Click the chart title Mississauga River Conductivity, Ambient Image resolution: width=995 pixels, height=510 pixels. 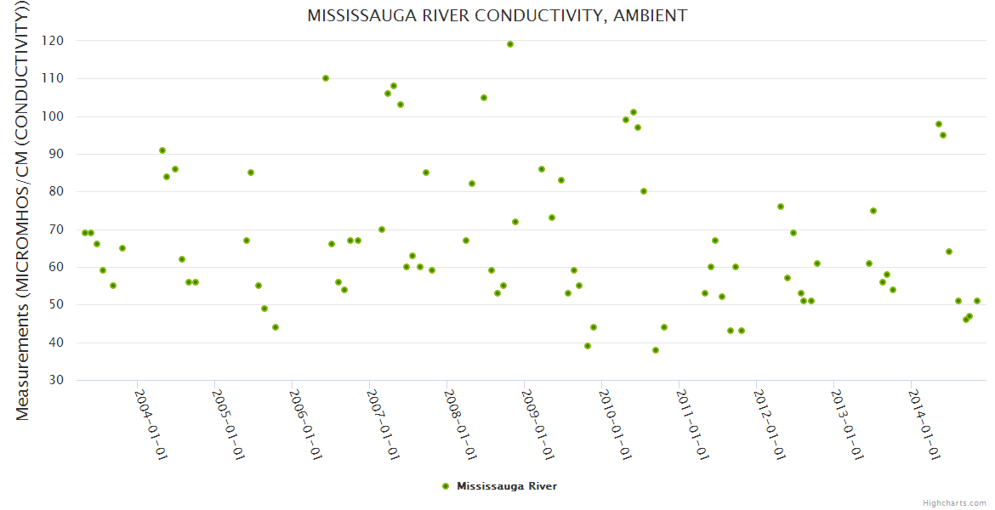pyautogui.click(x=497, y=15)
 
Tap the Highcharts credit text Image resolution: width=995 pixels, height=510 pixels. pyautogui.click(x=954, y=502)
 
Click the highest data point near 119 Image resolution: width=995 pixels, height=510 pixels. pyautogui.click(x=510, y=44)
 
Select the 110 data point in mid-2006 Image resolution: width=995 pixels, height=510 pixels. pyautogui.click(x=326, y=78)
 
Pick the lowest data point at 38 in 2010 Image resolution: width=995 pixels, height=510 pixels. pyautogui.click(x=656, y=350)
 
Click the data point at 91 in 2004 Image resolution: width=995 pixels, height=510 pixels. pyautogui.click(x=162, y=150)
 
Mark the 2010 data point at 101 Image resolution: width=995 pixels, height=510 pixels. pyautogui.click(x=634, y=112)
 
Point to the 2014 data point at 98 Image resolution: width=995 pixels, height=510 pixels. pyautogui.click(x=939, y=124)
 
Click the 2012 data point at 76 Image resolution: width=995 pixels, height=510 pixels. pyautogui.click(x=781, y=207)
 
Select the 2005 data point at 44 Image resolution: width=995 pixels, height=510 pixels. pyautogui.click(x=276, y=327)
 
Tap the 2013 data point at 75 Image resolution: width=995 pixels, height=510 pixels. pyautogui.click(x=873, y=211)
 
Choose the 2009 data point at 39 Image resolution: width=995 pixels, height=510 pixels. pyautogui.click(x=588, y=346)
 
